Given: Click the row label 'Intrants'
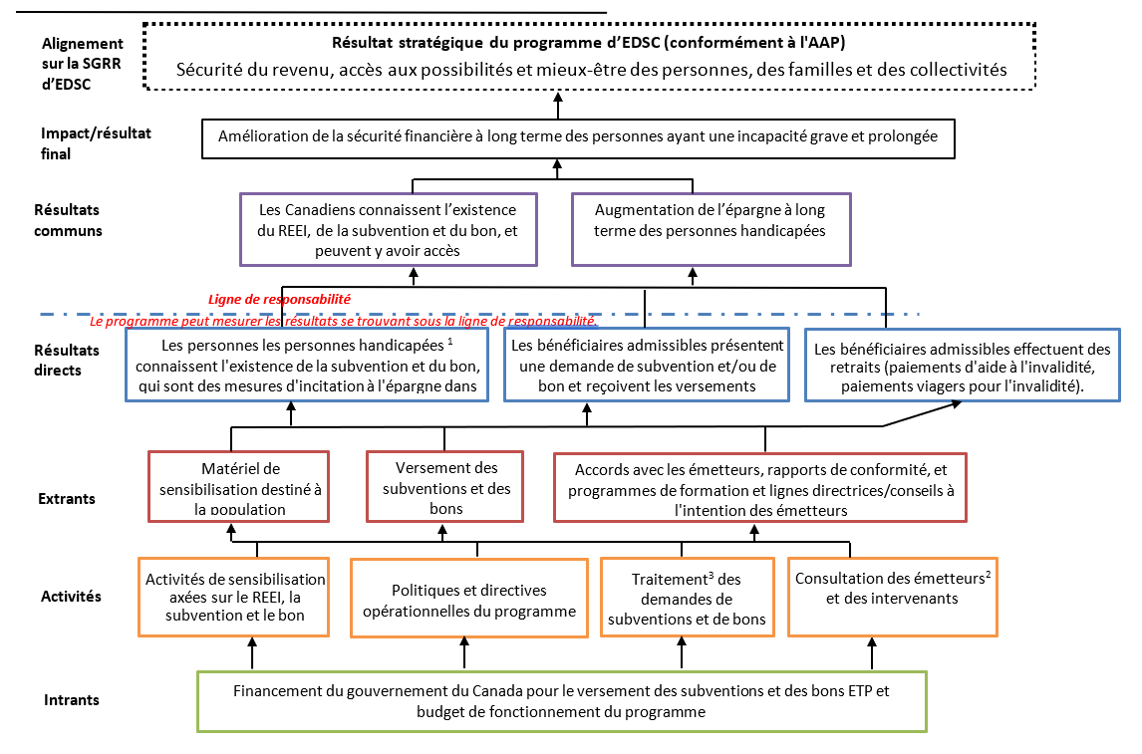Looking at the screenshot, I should (x=72, y=700).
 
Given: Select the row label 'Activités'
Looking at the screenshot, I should (x=71, y=597).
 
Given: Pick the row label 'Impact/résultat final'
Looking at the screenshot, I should (x=96, y=142).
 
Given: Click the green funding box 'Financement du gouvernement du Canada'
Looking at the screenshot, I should (x=562, y=702).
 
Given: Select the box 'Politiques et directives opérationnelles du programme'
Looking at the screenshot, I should (x=468, y=599).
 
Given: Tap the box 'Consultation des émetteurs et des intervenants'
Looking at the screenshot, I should (x=892, y=589).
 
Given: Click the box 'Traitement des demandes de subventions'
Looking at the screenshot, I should (x=687, y=599).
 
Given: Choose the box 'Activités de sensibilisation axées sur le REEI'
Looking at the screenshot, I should (x=235, y=597).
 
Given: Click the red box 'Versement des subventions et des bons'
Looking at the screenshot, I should (x=445, y=486).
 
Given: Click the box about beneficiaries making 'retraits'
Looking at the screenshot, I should (x=962, y=367).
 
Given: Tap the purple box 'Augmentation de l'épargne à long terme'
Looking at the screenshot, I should (x=710, y=220).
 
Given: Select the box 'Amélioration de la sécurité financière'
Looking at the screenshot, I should (x=578, y=136).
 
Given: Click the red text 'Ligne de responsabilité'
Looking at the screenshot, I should (x=279, y=298).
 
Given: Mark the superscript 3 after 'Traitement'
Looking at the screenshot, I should (x=709, y=574).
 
